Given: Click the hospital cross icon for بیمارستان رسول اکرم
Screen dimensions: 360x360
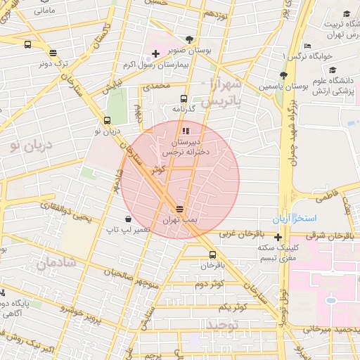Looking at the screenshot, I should (155, 53).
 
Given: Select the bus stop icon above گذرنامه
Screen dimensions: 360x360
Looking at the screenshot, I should (184, 99).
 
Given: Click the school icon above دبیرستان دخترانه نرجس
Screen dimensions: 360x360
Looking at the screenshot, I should (185, 131).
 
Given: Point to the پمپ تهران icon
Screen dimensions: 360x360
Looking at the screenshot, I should (180, 209).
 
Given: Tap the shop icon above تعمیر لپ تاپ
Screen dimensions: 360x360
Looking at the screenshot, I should (127, 219).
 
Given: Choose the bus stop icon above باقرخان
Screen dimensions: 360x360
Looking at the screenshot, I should (212, 255).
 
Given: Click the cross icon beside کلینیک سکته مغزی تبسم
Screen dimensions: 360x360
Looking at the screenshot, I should (278, 237).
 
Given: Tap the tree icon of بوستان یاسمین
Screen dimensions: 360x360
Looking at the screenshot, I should (283, 75).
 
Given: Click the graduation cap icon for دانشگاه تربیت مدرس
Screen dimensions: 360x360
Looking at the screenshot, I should (346, 14).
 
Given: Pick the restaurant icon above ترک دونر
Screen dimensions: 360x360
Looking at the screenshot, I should (53, 52).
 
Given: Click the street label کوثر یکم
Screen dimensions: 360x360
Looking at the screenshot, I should (232, 307).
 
